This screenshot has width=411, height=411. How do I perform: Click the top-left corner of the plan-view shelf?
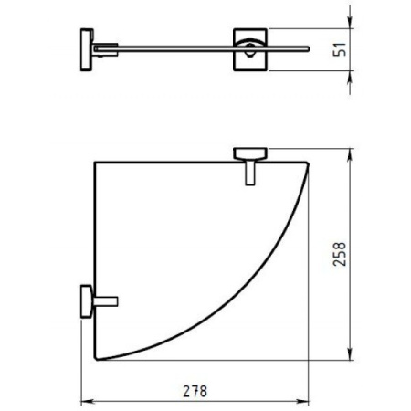tap(96, 162)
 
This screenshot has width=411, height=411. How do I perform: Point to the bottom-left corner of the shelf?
tap(96, 359)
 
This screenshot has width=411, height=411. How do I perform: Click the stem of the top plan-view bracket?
tap(248, 172)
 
